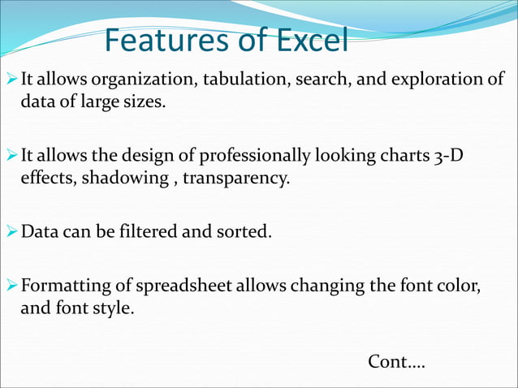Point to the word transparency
pos(235,178)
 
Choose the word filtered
pos(144,232)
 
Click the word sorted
pos(243,232)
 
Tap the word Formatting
pos(62,286)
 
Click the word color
pos(460,286)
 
